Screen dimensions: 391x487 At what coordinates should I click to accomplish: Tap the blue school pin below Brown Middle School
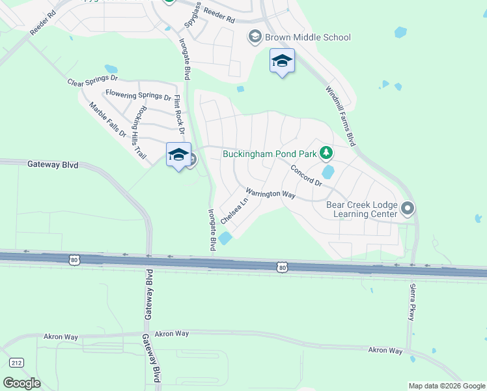pos(282,61)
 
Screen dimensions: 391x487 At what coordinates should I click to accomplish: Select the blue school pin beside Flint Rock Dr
pos(178,155)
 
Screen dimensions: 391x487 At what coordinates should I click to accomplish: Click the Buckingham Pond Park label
pos(270,154)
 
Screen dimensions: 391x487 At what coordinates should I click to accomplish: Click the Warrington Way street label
pos(270,194)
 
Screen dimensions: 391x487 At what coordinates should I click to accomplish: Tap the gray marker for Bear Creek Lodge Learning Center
pos(408,209)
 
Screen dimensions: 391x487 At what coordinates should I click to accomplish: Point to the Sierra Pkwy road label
pos(411,301)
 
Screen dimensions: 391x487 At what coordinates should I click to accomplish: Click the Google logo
pos(21,383)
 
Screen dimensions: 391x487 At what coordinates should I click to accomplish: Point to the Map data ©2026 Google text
pos(446,386)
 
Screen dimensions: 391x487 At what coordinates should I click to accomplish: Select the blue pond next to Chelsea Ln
pos(225,239)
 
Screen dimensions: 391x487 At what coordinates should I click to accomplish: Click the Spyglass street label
pos(192,20)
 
